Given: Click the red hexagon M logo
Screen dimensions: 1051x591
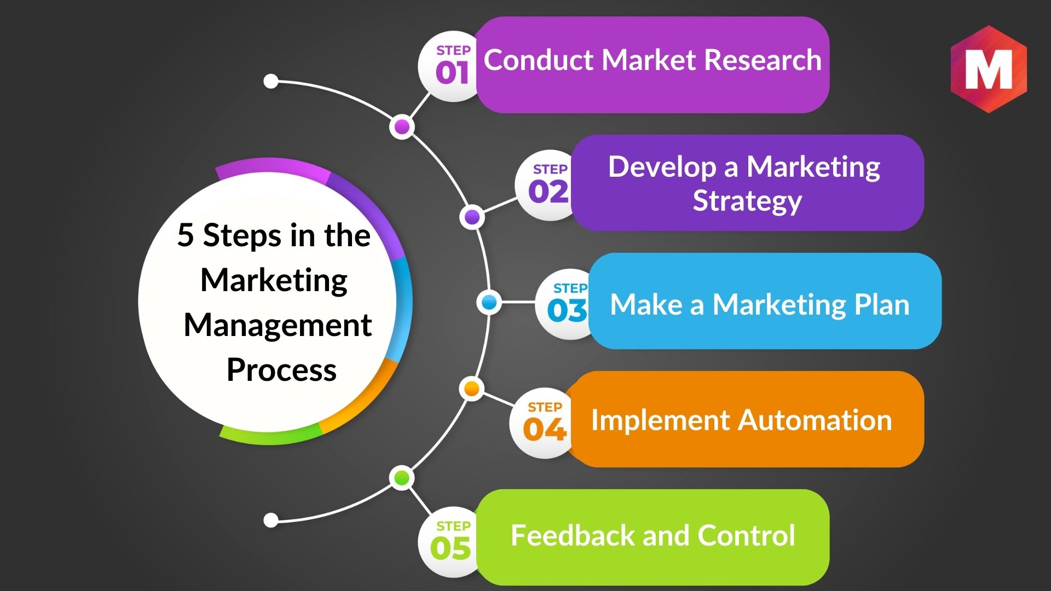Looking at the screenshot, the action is coord(989,69).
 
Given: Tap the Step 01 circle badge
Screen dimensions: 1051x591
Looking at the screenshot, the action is coord(450,67).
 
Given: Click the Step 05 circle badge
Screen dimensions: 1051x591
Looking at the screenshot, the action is coord(450,542).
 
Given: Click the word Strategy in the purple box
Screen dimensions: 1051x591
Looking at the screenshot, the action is coord(747,201).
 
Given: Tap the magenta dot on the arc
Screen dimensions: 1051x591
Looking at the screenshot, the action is coord(402,127).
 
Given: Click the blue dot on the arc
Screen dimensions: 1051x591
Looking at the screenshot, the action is coord(489,302).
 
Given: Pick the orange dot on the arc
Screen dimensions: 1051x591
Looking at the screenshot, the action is coord(471,389).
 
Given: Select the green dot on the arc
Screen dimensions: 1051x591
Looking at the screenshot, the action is coord(402,478).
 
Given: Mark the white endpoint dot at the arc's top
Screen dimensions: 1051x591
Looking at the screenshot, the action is coord(271,82).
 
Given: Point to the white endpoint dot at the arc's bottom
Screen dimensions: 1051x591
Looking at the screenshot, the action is coord(271,520).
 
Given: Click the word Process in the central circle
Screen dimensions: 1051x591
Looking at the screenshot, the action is coord(281,370).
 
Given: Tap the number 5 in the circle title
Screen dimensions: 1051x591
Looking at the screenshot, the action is coord(186,235).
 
